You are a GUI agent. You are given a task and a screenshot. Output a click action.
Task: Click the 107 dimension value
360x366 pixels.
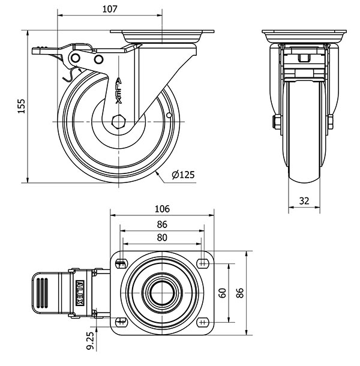109,9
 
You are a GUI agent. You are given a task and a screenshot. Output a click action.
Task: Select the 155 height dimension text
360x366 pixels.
21,106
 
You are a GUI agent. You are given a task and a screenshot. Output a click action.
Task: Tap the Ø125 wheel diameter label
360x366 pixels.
183,175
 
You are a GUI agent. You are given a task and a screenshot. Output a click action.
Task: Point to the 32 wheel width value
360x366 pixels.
304,201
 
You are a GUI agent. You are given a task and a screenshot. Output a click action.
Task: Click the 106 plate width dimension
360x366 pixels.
162,209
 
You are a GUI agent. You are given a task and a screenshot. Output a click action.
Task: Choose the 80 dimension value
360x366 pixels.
162,238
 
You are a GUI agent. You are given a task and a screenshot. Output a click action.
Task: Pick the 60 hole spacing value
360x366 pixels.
223,293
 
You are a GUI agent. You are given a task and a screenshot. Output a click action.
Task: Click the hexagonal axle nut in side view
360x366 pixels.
119,122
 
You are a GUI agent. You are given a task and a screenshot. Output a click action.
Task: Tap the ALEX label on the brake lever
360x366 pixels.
80,293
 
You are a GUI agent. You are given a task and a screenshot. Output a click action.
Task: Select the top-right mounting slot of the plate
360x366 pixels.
202,263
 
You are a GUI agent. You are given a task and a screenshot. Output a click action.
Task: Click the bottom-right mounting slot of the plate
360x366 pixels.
202,322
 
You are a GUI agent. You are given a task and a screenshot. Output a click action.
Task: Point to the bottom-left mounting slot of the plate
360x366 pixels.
121,322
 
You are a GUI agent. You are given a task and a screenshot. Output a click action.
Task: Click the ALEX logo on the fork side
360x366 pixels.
119,91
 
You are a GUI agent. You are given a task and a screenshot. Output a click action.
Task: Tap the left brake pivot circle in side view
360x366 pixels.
75,58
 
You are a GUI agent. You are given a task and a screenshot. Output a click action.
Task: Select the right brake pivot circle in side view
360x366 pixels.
99,59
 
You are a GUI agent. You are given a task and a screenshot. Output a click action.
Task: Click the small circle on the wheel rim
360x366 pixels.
169,115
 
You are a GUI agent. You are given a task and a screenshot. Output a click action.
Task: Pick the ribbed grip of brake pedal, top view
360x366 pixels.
42,293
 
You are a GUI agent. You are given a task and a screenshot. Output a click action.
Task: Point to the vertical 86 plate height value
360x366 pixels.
240,293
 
